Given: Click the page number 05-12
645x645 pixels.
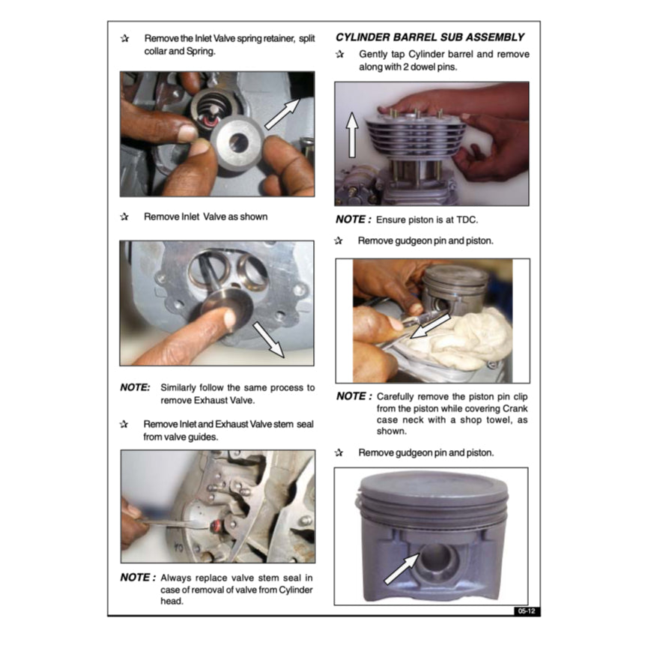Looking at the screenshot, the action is point(526,611).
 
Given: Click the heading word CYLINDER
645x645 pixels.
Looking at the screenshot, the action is point(363,37).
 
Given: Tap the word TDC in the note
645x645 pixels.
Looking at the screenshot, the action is point(467,219).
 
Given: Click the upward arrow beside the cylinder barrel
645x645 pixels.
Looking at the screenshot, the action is point(352,135).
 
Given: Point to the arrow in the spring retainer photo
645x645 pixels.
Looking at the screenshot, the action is point(282,114).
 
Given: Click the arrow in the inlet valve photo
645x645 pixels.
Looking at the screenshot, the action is point(268,340).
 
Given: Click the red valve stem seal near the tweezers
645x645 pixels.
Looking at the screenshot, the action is point(216,527).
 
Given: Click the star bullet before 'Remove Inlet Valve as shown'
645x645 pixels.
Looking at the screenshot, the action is point(124,216).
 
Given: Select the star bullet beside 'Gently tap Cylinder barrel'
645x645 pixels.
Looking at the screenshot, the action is point(339,54).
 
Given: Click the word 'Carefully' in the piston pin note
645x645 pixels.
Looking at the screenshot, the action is point(395,397).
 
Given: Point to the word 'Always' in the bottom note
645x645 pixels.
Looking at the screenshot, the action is point(174,578).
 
